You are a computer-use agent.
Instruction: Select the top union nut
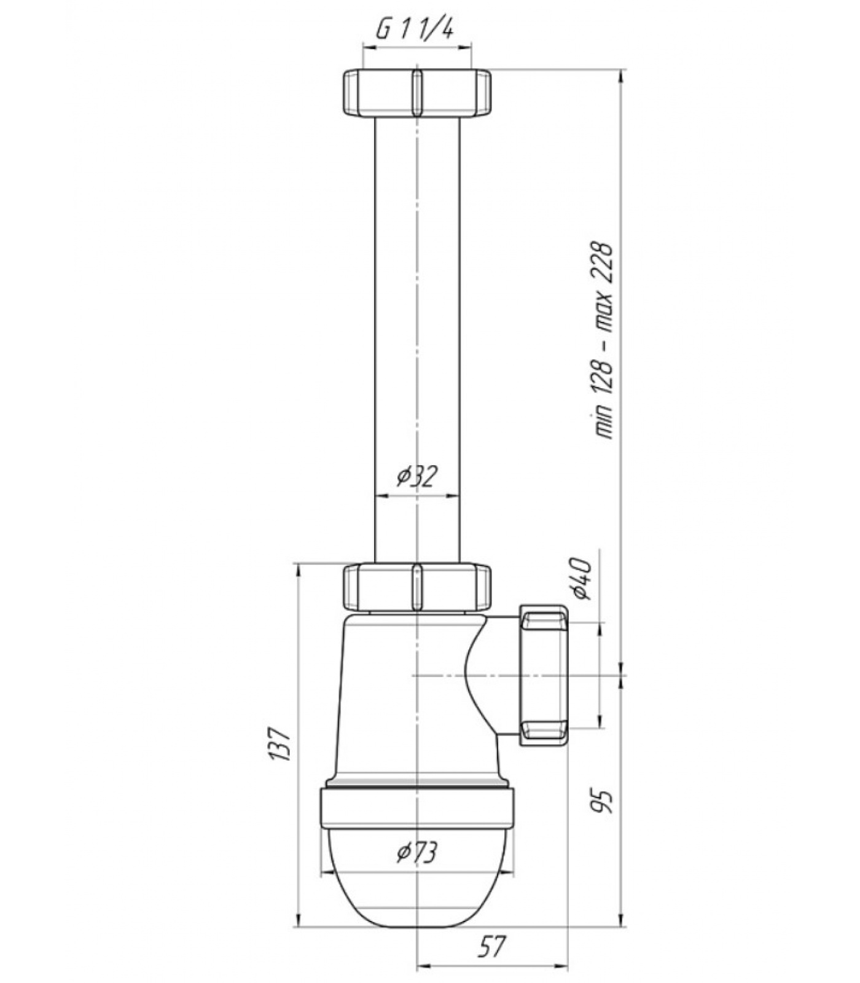coord(416,93)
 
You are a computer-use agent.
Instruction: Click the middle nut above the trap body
coord(416,588)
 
